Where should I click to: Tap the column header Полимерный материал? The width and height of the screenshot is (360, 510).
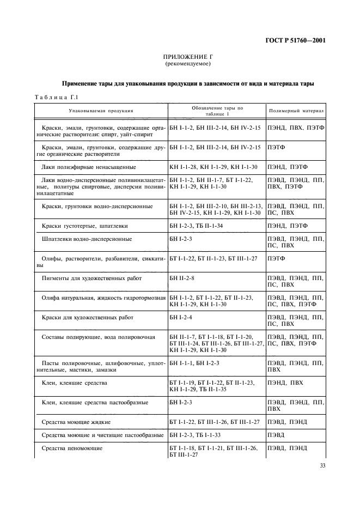click(296, 111)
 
